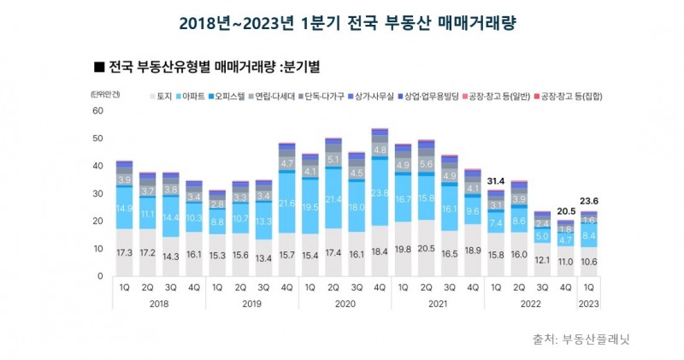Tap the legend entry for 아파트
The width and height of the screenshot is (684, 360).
click(193, 97)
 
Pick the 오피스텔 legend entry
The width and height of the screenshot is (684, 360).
click(228, 97)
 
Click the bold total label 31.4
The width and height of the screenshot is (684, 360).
click(494, 180)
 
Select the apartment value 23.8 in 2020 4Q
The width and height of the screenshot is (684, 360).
click(380, 192)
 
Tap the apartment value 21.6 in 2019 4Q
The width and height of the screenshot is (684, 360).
click(287, 203)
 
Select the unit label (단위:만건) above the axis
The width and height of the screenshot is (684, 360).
click(106, 95)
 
